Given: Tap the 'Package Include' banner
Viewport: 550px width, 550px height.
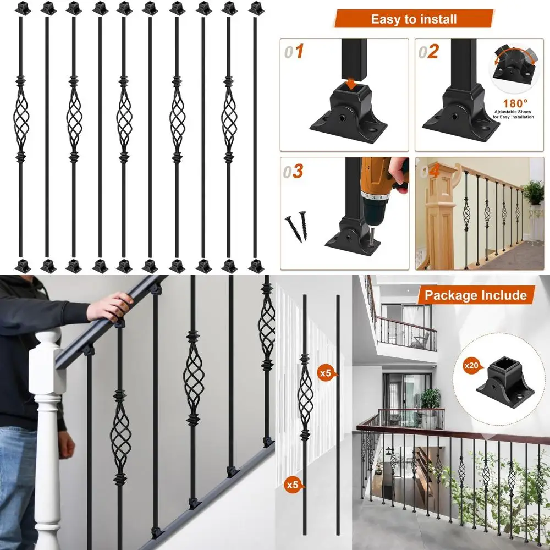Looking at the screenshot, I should click(475, 295).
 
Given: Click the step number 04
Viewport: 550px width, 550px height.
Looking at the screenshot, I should click(429, 171).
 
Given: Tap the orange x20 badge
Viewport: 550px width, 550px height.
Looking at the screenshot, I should click(471, 366).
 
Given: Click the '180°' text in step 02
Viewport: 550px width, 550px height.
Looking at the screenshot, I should click(515, 102).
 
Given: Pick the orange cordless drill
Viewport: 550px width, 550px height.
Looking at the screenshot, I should click(380, 182).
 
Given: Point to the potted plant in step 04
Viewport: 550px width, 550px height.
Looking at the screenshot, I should click(532, 195).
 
